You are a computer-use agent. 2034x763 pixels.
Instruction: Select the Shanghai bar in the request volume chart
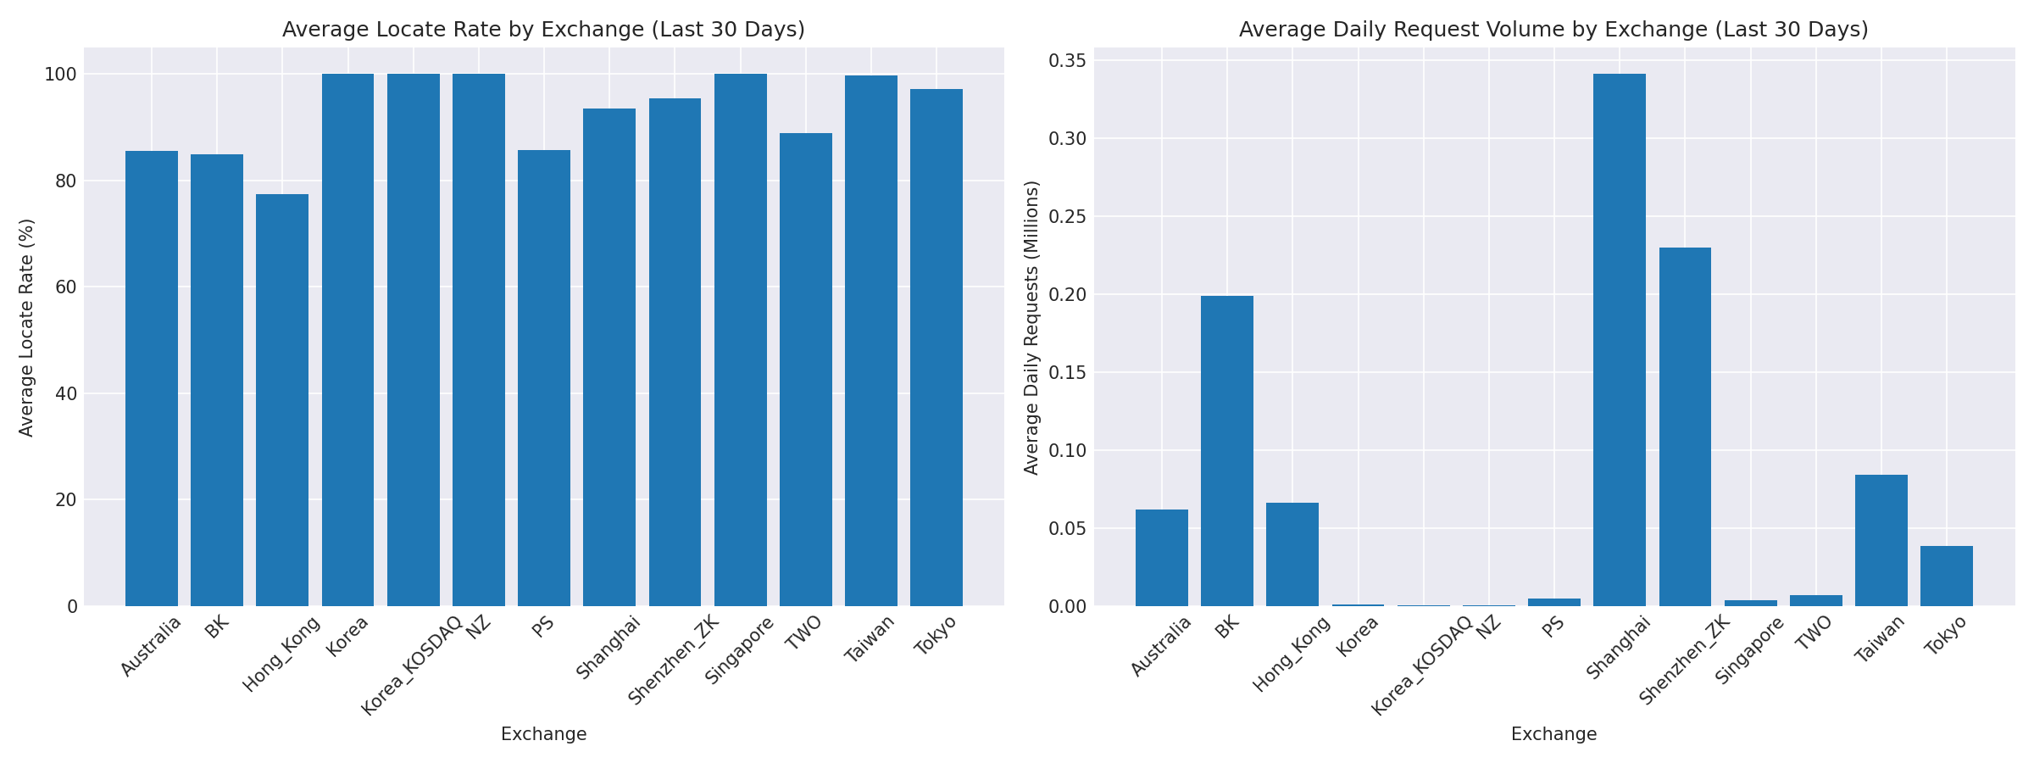tap(1619, 339)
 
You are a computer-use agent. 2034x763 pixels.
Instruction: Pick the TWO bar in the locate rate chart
tap(805, 370)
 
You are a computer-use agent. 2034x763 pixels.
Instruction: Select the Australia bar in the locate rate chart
tap(152, 378)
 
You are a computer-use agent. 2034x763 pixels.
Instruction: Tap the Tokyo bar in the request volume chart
tap(1946, 576)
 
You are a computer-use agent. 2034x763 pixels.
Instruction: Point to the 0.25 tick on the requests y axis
tap(1065, 216)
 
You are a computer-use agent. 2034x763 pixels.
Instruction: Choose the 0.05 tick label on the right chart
tap(1065, 528)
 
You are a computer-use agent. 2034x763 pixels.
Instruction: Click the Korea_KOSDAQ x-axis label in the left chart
tap(412, 666)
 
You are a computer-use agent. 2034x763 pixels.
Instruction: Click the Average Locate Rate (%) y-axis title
tap(26, 327)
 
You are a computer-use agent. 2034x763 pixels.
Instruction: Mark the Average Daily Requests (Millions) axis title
tap(1031, 327)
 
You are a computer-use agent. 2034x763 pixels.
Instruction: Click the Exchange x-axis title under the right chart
tap(1553, 734)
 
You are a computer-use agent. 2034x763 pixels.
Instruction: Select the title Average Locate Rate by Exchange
tap(543, 30)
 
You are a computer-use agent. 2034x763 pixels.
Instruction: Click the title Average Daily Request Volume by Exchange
tap(1553, 30)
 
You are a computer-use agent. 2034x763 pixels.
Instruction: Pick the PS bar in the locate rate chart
tap(543, 378)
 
